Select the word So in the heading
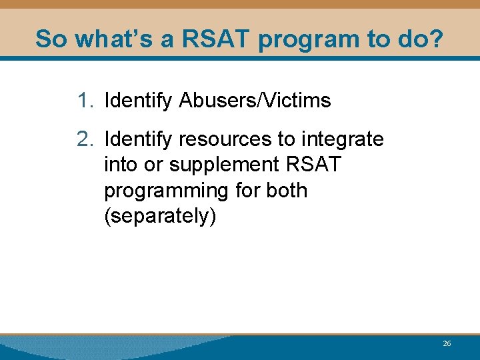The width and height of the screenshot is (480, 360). coord(51,39)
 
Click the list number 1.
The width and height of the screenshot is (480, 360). coord(85,101)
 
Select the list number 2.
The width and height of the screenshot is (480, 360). coord(85,139)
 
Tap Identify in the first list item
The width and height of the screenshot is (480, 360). coord(139,101)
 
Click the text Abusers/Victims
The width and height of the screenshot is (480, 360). coord(255,101)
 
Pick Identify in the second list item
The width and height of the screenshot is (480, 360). coord(139,139)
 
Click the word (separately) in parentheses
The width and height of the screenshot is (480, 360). coord(160,217)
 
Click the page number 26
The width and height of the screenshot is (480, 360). coord(447,343)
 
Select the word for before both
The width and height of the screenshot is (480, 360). coord(247,190)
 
